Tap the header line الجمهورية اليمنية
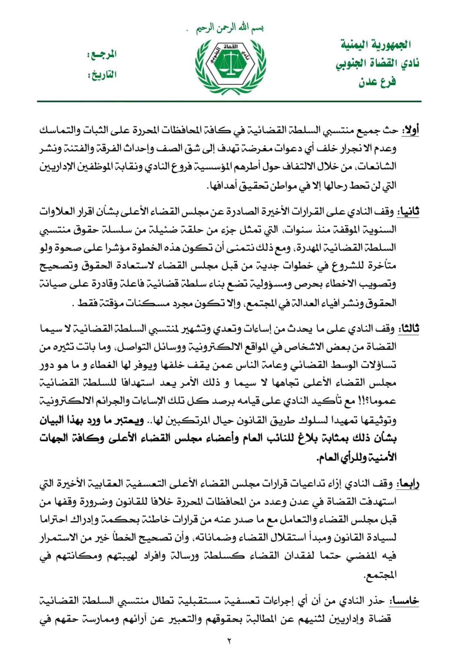click(376, 45)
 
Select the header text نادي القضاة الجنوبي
click(377, 64)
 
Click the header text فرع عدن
click(377, 81)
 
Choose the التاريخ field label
click(101, 75)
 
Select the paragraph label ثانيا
click(408, 213)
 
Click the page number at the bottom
click(229, 641)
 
